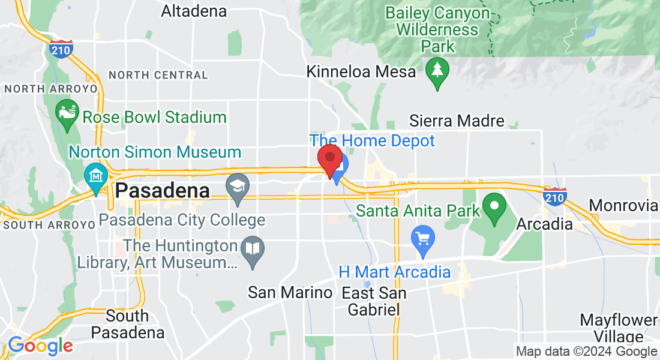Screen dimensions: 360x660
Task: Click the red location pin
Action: point(329,159)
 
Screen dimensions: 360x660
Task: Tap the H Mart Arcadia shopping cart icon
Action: point(423,238)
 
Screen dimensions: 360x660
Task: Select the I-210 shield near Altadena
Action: point(62,48)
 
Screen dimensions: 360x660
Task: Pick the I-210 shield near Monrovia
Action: point(555,196)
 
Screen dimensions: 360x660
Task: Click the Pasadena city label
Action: point(163,191)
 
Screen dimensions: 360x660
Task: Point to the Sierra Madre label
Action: point(457,121)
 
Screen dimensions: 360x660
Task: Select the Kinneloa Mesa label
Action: point(361,72)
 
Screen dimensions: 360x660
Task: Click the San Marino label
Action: point(290,293)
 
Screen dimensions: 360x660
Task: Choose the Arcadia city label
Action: point(545,224)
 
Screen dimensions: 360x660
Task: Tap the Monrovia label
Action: point(623,206)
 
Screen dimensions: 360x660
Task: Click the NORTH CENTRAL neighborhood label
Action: point(158,76)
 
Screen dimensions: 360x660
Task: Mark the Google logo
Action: point(40,346)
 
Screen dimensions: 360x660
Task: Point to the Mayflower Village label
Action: point(619,328)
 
